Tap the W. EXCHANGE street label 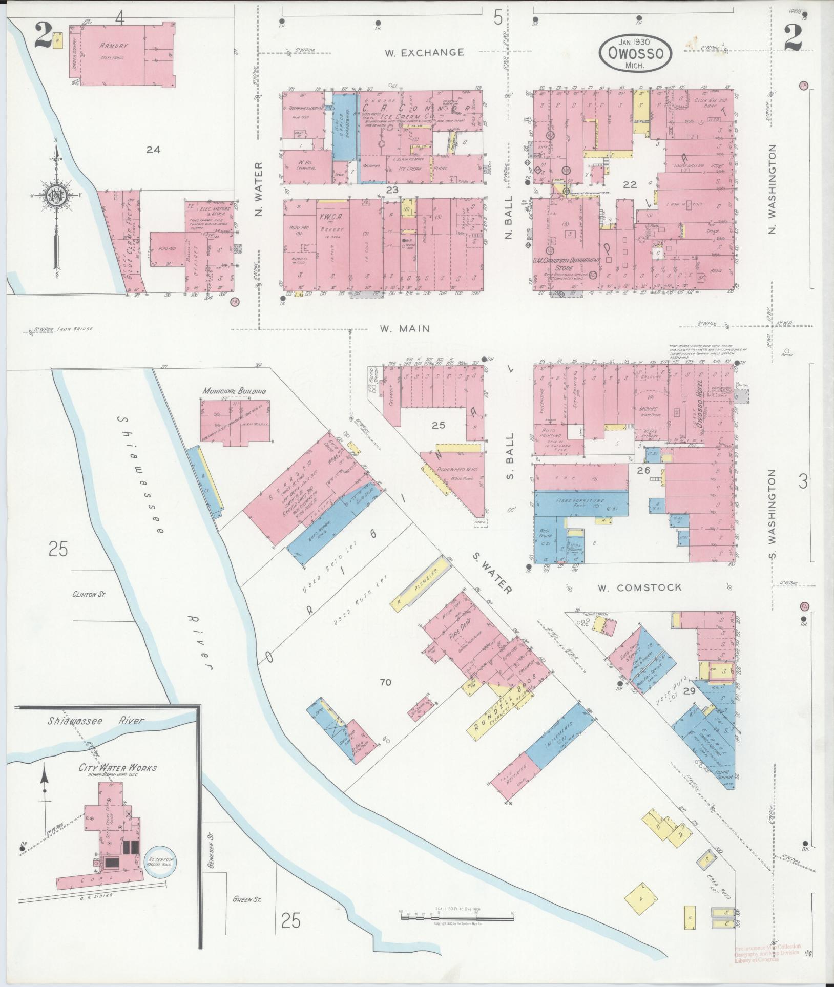tap(425, 52)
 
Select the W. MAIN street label tap(404, 328)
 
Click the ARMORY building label tap(114, 46)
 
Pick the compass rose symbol tap(56, 196)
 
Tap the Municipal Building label tap(234, 391)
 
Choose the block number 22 tap(629, 185)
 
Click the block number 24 tap(153, 150)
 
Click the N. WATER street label tap(259, 189)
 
